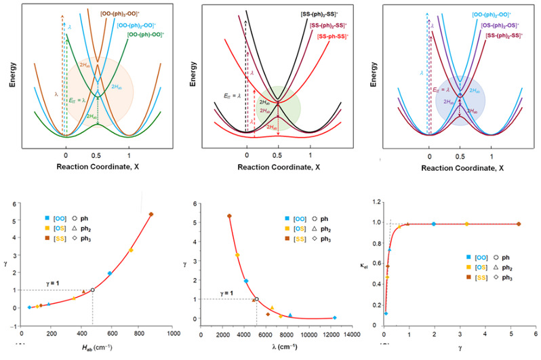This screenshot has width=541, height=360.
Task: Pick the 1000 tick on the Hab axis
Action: coord(174,334)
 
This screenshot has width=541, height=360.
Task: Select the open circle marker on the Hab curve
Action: coord(92,289)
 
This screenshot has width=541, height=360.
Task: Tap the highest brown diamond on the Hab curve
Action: coord(151,214)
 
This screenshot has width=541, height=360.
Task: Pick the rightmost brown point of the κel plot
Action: coord(519,224)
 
